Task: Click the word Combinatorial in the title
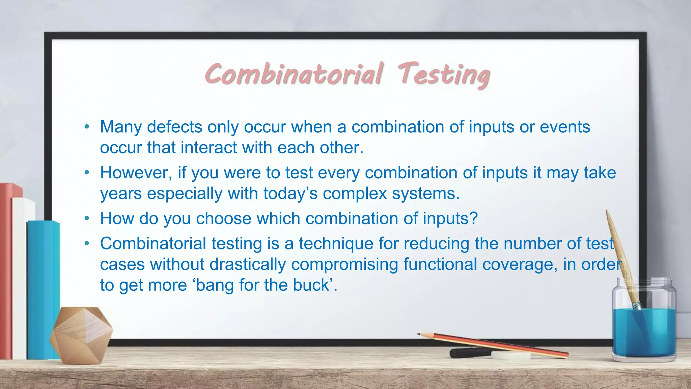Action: [294, 74]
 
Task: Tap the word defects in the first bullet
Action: [174, 127]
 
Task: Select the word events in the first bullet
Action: [565, 127]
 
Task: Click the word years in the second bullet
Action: [121, 194]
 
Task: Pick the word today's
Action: [291, 194]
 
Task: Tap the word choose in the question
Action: [224, 219]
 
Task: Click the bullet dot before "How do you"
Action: [87, 219]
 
